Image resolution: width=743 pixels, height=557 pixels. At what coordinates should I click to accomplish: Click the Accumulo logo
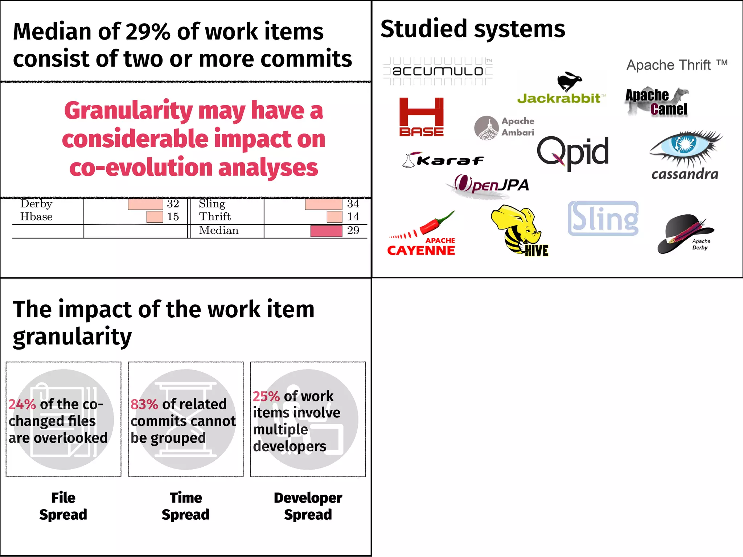tap(438, 71)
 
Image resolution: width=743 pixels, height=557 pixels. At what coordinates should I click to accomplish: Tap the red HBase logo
tap(421, 117)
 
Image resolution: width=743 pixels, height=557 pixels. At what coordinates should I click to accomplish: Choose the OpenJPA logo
tap(492, 185)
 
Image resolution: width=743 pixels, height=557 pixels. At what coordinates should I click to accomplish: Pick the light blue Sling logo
tap(603, 218)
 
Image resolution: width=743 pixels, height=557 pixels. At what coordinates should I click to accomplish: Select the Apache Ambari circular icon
tap(486, 128)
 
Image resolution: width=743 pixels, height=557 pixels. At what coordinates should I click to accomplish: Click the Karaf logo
tap(443, 160)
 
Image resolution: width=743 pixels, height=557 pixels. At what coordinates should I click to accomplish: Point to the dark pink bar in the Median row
tap(326, 231)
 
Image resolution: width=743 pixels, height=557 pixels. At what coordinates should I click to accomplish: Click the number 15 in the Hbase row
tap(173, 217)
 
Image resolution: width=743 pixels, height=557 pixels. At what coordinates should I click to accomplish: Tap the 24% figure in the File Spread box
tap(22, 404)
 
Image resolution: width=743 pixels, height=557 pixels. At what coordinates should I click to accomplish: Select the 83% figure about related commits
tap(144, 404)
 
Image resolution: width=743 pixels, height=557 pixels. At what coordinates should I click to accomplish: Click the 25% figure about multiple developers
tap(266, 396)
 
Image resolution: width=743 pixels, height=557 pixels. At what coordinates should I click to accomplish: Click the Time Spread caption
tap(186, 506)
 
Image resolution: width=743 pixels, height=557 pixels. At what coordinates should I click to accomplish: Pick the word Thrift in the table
tap(215, 217)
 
